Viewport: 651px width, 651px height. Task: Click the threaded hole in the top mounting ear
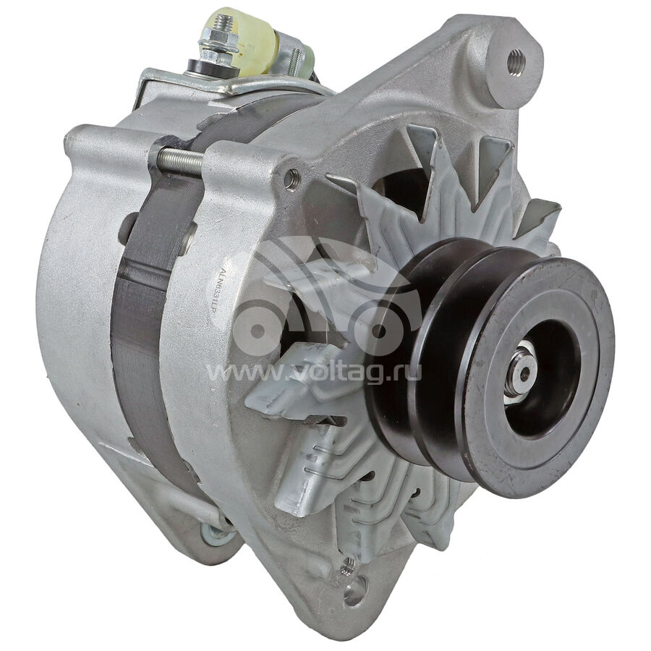coord(516,61)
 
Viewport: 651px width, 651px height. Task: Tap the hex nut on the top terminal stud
coord(213,39)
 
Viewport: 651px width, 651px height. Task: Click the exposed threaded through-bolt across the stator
coord(180,158)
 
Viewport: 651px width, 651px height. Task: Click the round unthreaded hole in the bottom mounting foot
coord(356,590)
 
